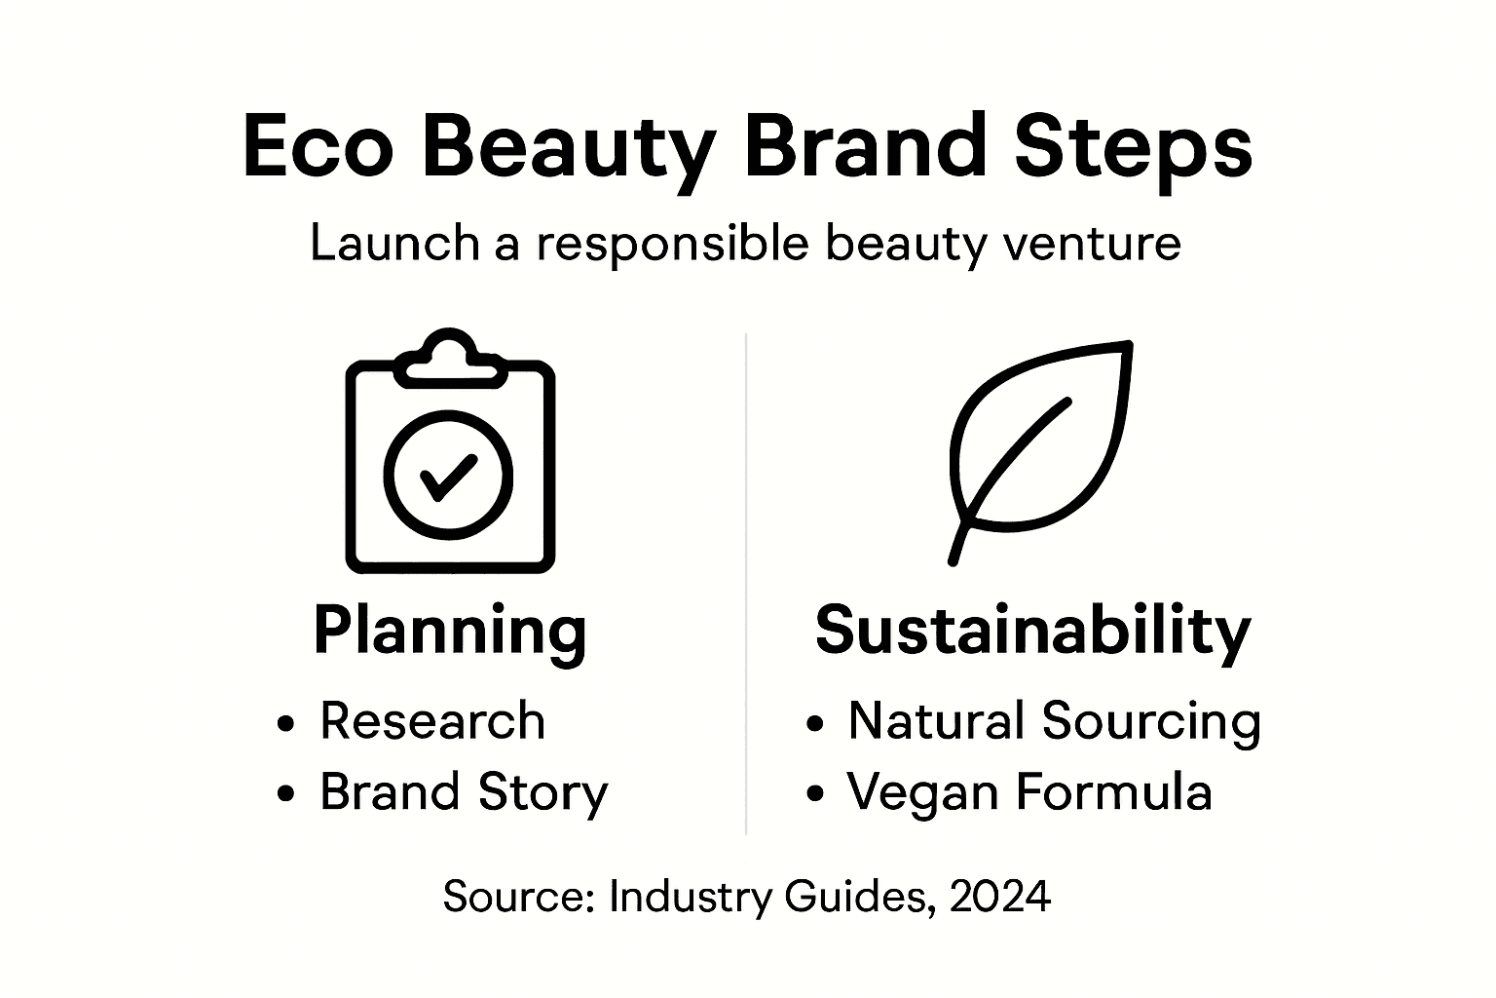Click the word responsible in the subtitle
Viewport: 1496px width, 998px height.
coord(672,243)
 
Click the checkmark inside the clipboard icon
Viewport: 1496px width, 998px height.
coord(447,477)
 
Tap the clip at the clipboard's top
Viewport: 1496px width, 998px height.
coord(450,356)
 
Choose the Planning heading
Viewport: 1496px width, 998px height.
coord(450,631)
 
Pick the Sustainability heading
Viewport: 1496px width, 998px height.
coord(1032,631)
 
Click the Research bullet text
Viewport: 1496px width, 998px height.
coord(432,721)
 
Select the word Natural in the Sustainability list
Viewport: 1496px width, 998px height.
coord(936,721)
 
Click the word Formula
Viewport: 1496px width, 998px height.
coord(1114,791)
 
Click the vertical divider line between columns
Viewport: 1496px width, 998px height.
coord(746,585)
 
